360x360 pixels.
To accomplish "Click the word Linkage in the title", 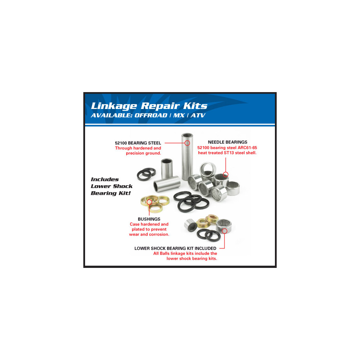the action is pyautogui.click(x=114, y=106).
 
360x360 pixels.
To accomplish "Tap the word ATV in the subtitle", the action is pyautogui.click(x=198, y=115).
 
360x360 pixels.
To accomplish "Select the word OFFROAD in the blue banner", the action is pyautogui.click(x=150, y=115).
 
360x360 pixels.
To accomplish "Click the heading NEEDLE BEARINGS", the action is pyautogui.click(x=227, y=142).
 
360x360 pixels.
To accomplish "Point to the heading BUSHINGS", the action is pyautogui.click(x=149, y=219).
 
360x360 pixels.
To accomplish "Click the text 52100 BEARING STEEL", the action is pyautogui.click(x=138, y=143).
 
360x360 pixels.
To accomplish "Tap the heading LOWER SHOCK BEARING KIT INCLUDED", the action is pyautogui.click(x=175, y=249).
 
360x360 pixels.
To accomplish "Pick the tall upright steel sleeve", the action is pyautogui.click(x=187, y=156).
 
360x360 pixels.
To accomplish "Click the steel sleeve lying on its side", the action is pyautogui.click(x=167, y=184).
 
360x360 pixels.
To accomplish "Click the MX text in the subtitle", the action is pyautogui.click(x=179, y=115).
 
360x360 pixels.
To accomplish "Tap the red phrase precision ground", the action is pyautogui.click(x=143, y=153).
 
